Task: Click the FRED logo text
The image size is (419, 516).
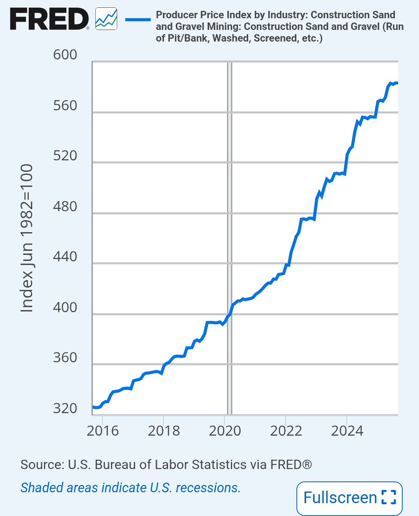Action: tap(49, 18)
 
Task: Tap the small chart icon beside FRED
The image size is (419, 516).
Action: tap(106, 18)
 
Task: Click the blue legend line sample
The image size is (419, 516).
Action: tap(138, 20)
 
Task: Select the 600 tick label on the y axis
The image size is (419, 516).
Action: tap(65, 55)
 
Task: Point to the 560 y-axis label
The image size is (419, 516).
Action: tap(65, 105)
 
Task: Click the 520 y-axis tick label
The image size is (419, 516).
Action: tap(65, 156)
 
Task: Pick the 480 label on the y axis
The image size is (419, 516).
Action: tap(65, 206)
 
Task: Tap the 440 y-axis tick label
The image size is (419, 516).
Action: tap(65, 256)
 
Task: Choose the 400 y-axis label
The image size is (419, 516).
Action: tap(65, 307)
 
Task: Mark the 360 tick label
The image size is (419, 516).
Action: tap(65, 357)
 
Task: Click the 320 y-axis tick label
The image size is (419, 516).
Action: tap(65, 408)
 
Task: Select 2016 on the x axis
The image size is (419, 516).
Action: tap(103, 431)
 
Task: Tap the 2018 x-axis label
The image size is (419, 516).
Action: tap(164, 431)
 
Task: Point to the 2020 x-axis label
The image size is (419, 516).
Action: tap(225, 431)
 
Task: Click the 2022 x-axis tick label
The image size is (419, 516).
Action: tap(286, 431)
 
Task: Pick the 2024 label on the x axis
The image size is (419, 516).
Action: tap(347, 431)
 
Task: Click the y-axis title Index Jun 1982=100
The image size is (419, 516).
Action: tap(27, 238)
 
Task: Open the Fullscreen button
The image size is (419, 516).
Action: tap(349, 498)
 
